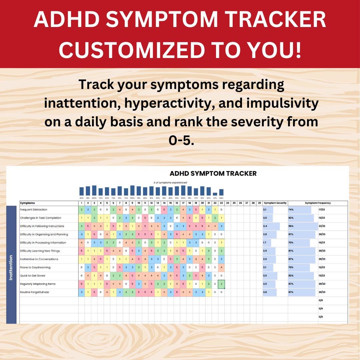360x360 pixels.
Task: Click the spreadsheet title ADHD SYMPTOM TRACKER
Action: (x=213, y=174)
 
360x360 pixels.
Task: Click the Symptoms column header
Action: (x=27, y=203)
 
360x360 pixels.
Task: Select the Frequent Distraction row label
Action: (x=33, y=210)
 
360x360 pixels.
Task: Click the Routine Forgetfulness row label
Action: (x=34, y=292)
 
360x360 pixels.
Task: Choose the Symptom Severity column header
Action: (x=275, y=203)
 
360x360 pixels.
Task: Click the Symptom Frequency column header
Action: (x=318, y=203)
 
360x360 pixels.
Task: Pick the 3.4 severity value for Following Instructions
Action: (x=265, y=226)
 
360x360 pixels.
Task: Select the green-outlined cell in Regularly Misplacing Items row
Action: (x=221, y=284)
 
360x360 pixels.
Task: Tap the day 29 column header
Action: (x=259, y=203)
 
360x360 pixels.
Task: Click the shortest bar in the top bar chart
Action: (x=215, y=194)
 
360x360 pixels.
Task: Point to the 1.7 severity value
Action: (x=265, y=243)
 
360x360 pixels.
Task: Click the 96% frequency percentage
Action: (x=291, y=226)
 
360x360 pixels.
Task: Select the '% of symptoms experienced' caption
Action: (x=170, y=183)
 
